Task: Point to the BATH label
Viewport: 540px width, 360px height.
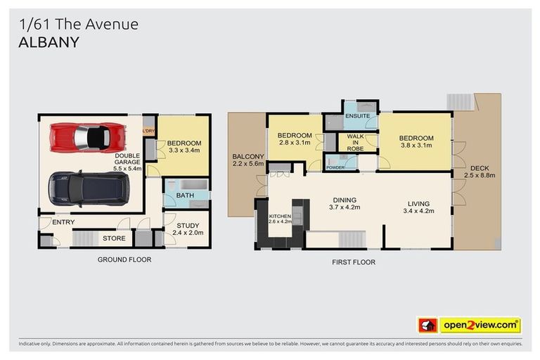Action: click(x=186, y=195)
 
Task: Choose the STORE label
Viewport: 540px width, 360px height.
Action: click(x=114, y=239)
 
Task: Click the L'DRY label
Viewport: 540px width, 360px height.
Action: click(x=148, y=131)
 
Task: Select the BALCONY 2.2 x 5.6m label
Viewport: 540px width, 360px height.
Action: click(x=248, y=160)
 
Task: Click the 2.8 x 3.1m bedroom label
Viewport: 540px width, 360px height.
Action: click(x=294, y=139)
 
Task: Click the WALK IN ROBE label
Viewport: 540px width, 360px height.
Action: click(x=356, y=143)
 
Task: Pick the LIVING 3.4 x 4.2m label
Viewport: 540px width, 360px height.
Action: click(x=416, y=208)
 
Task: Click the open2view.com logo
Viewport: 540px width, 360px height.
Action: click(x=480, y=325)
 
